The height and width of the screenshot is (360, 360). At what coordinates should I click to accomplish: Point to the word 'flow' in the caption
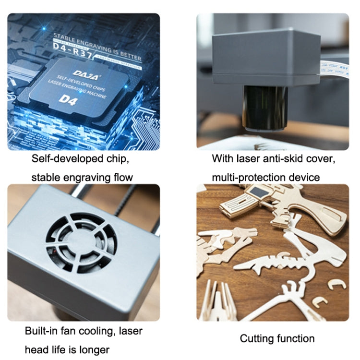[x=123, y=178]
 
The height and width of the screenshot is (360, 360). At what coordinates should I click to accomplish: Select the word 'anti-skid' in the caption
[x=281, y=158]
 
